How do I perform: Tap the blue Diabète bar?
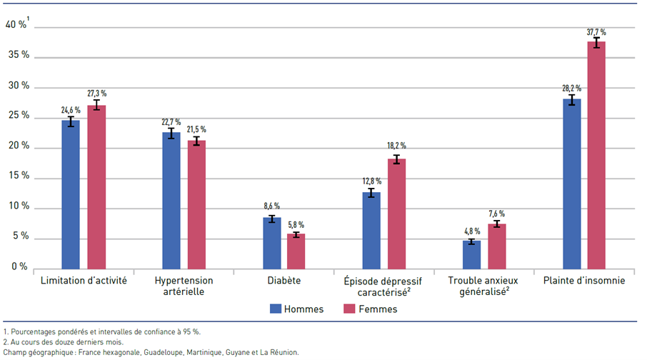point(271,243)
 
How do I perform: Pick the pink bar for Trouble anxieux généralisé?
point(496,246)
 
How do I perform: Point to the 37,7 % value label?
point(596,32)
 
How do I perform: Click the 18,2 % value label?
point(396,146)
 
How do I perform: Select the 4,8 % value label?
point(471,231)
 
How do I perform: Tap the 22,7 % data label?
point(171,121)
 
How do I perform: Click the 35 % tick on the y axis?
point(17,55)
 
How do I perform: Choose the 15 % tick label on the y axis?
point(17,176)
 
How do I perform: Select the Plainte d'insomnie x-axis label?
point(583,281)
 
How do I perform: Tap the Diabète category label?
point(284,281)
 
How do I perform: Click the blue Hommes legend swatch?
point(274,309)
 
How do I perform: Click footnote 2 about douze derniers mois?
point(64,341)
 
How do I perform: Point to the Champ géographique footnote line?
point(151,352)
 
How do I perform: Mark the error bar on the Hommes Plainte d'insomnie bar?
point(571,100)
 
